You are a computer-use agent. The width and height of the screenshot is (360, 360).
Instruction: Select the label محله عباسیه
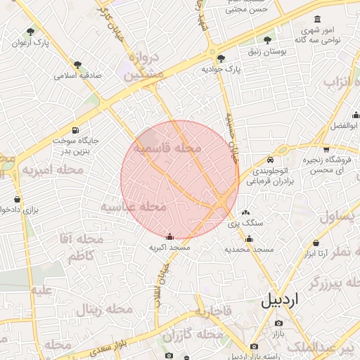point(134,207)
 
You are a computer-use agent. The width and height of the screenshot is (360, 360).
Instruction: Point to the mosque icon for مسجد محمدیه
point(249,238)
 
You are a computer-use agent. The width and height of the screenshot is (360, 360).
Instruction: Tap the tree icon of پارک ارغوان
point(30,32)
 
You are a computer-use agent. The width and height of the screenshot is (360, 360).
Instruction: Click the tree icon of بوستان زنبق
point(267,40)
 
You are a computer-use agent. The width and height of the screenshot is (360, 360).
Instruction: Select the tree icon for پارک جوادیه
point(221,58)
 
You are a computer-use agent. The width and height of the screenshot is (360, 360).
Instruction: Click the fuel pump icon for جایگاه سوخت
point(75,130)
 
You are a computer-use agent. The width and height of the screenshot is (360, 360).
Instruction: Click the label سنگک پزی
point(244,223)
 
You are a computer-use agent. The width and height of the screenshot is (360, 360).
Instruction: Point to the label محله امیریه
point(53,170)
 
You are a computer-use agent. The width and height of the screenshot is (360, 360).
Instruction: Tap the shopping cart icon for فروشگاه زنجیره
point(326,148)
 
